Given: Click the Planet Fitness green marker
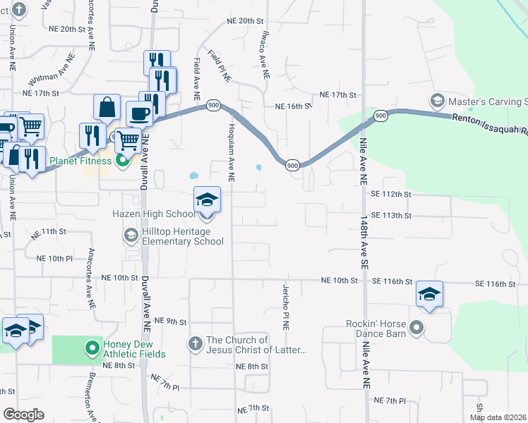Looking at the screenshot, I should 123,161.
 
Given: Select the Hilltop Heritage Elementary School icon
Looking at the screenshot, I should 131,235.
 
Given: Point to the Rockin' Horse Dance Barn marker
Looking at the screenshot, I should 416,327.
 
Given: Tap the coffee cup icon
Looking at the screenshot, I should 138,114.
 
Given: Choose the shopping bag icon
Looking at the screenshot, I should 107,108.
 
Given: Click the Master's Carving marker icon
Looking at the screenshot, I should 437,101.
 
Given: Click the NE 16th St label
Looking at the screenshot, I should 293,106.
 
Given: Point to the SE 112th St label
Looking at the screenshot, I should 390,194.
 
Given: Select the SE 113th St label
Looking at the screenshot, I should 390,215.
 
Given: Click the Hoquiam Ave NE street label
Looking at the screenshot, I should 231,151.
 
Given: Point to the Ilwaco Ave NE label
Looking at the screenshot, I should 261,57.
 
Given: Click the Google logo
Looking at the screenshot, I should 23,415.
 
